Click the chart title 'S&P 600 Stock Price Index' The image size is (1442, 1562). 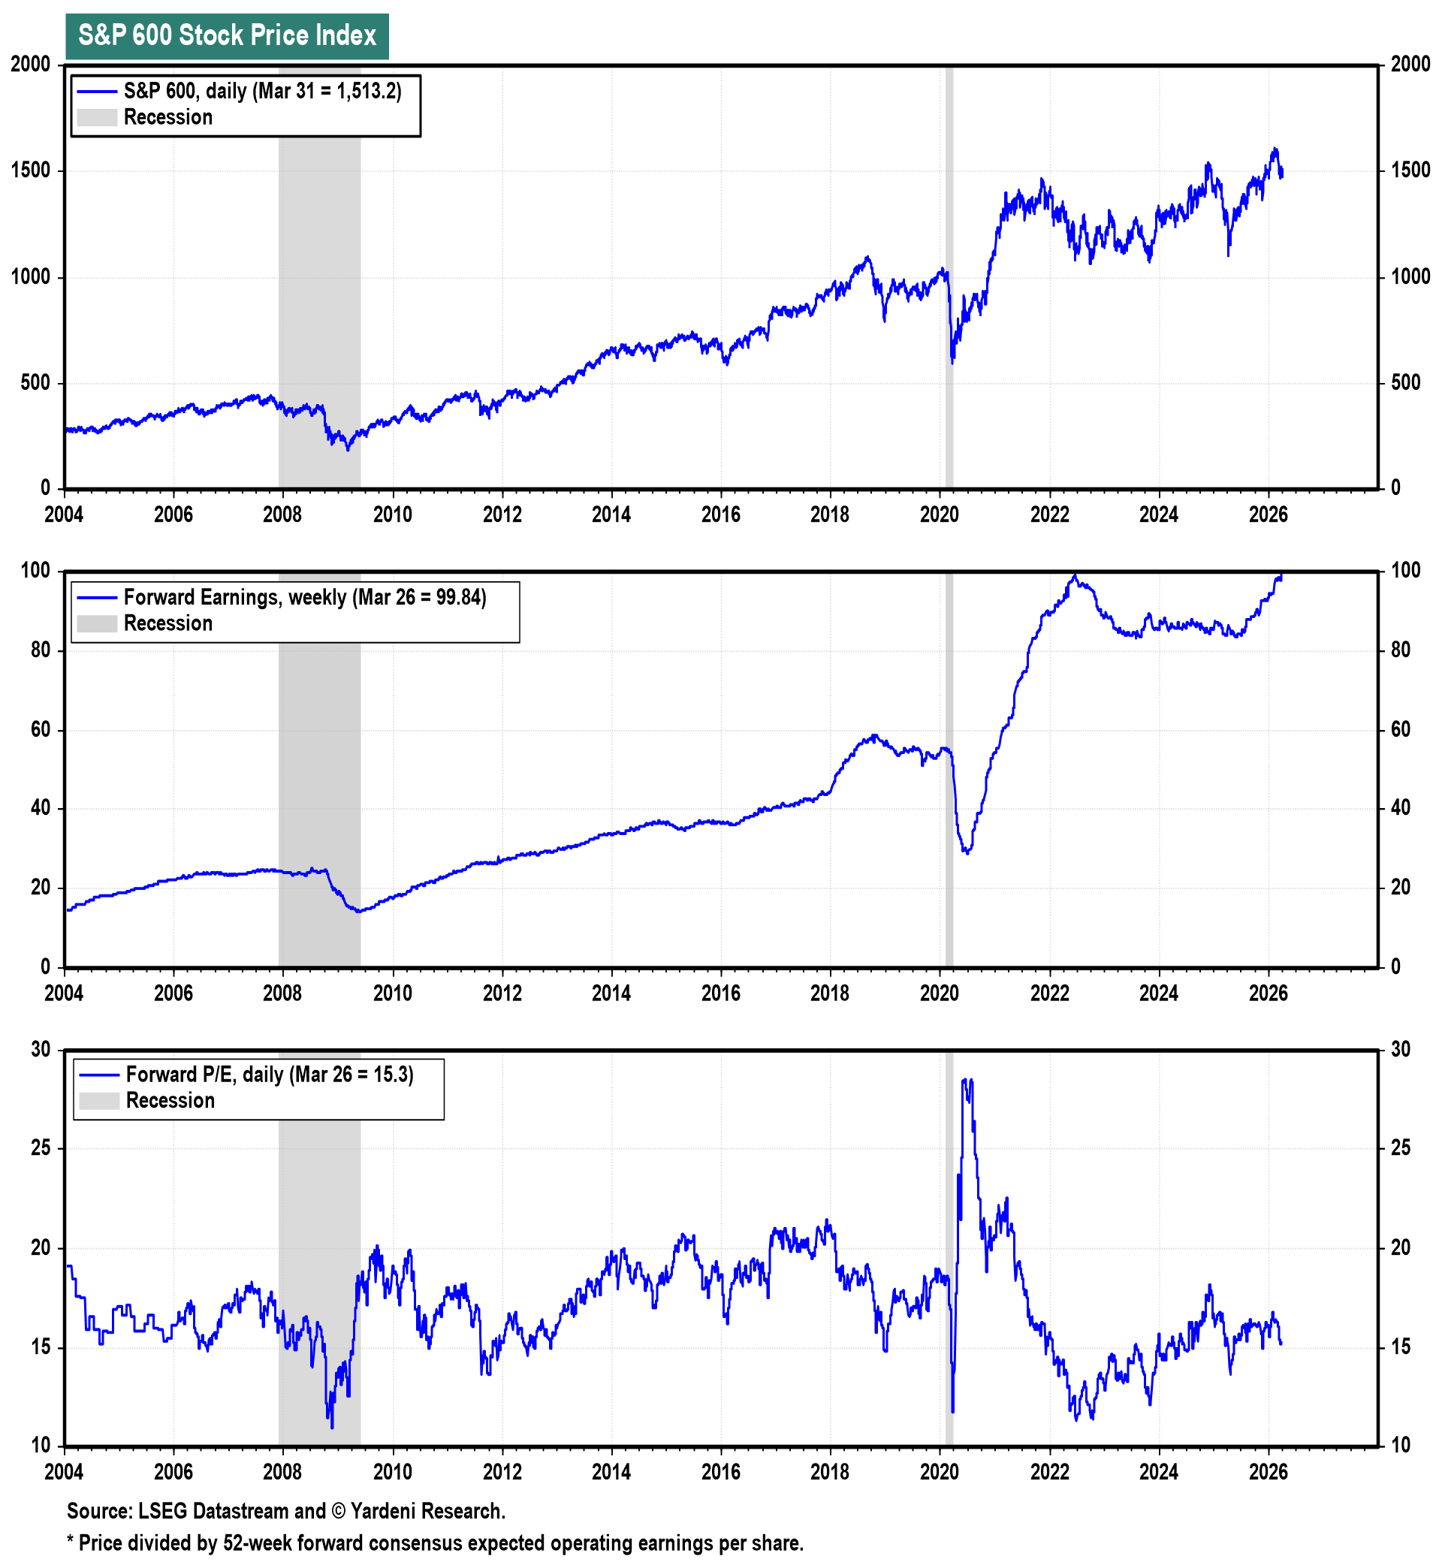click(227, 36)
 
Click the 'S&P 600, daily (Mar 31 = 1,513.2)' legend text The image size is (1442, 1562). click(262, 92)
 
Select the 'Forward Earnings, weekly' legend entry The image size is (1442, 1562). click(304, 598)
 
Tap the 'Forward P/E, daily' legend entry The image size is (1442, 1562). click(269, 1075)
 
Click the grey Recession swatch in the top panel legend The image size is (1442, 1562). click(97, 118)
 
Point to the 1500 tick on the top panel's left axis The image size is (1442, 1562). click(31, 171)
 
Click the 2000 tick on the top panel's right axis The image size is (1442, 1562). click(1410, 65)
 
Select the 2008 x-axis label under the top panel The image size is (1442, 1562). click(282, 515)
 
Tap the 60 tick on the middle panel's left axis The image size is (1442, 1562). click(41, 730)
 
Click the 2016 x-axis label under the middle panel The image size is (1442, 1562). click(720, 994)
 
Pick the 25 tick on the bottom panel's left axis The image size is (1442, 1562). click(41, 1148)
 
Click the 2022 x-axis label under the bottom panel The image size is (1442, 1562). click(1049, 1473)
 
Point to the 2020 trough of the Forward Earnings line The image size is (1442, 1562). click(967, 852)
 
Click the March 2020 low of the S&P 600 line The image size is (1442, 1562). click(952, 361)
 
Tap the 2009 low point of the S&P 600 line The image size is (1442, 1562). click(348, 449)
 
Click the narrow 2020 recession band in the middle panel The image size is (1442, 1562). click(949, 780)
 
